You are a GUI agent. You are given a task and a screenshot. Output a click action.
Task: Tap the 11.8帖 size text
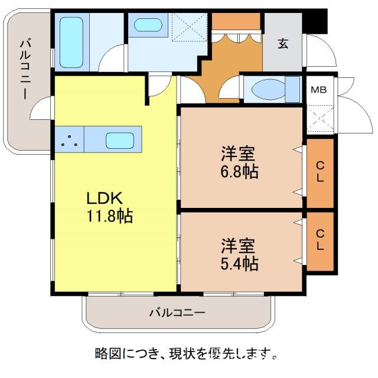pos(107,216)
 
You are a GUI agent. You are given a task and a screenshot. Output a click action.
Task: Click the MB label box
pos(319,90)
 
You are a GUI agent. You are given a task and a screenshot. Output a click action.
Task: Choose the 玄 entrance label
pos(283,43)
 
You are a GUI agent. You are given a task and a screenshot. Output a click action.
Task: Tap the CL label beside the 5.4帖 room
pos(320,240)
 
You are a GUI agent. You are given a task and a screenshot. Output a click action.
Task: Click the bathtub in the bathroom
pos(72,41)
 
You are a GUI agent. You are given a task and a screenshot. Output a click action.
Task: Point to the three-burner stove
pos(70,140)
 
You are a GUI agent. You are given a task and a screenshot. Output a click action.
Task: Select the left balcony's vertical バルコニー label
pos(25,68)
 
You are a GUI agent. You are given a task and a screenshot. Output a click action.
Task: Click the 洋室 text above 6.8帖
pos(239,155)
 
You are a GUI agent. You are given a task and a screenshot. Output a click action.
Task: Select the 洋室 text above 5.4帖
pos(239,245)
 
